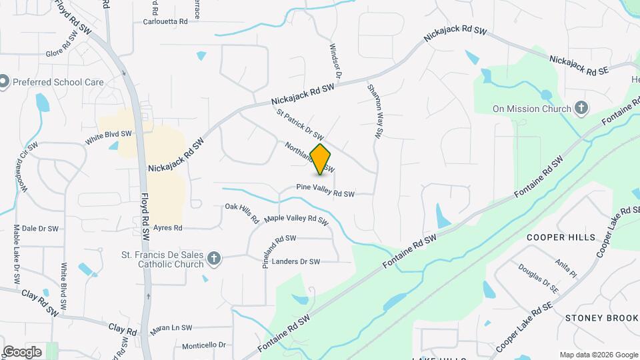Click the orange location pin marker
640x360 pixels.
click(x=321, y=159)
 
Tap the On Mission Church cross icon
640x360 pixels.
click(x=581, y=108)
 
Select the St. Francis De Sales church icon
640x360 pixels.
click(x=213, y=258)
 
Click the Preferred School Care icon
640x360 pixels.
click(x=5, y=83)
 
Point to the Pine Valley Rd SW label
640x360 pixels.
click(x=325, y=193)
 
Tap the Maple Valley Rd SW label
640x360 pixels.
click(x=297, y=219)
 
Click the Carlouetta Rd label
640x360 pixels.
click(x=166, y=21)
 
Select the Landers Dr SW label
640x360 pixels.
click(x=296, y=261)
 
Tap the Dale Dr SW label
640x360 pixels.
click(x=40, y=228)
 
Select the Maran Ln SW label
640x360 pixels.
click(x=171, y=327)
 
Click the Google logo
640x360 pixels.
click(x=22, y=352)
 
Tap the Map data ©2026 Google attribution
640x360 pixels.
click(x=598, y=355)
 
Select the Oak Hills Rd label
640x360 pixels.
click(x=242, y=213)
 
